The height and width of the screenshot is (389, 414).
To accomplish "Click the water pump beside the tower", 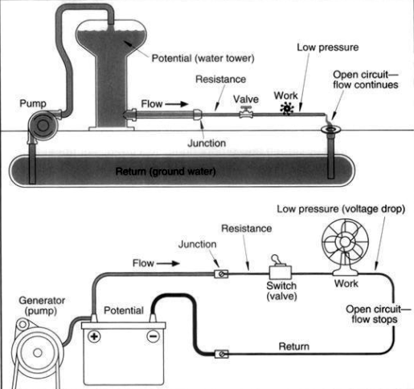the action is coord(43,125).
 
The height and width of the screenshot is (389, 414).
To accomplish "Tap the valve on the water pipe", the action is coord(246,112).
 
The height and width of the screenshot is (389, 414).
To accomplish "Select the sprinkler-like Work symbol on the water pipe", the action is coord(287,109).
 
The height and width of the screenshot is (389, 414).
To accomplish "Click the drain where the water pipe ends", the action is coord(331,130).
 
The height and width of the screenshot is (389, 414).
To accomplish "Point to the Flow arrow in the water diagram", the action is coord(177,104).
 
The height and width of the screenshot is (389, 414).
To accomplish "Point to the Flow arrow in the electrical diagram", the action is coord(168,264).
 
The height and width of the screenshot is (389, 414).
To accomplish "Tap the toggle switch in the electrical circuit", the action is coord(281,268).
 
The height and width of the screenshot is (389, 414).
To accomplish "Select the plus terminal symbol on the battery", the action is coord(94,336).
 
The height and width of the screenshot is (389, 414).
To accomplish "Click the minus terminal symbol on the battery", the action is coord(153,336).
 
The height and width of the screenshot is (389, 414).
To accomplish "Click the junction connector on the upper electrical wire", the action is coord(221,274).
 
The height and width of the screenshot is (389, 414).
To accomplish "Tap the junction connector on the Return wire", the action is coord(221,355).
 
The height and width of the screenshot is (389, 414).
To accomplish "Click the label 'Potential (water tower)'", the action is coord(203,58).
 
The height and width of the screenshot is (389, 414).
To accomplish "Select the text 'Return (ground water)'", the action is coord(166,171).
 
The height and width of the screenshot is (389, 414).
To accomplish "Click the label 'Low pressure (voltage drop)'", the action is coord(341,209).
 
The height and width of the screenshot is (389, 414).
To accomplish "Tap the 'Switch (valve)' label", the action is coord(281,291).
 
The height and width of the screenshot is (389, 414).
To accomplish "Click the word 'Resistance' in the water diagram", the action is coord(220,79).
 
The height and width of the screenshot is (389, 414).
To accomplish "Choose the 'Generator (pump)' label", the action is coord(42,306).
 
